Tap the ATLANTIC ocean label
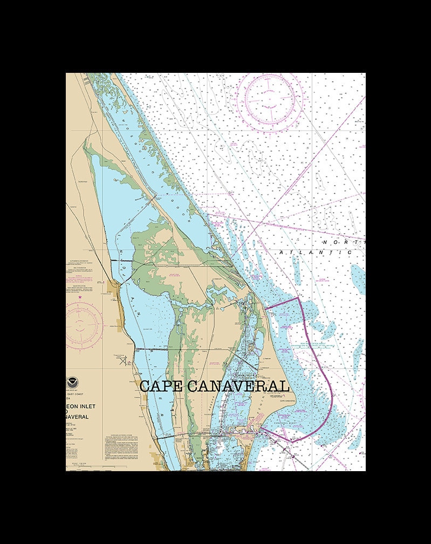315,252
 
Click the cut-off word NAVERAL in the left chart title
79,416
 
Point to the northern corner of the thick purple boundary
298,297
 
